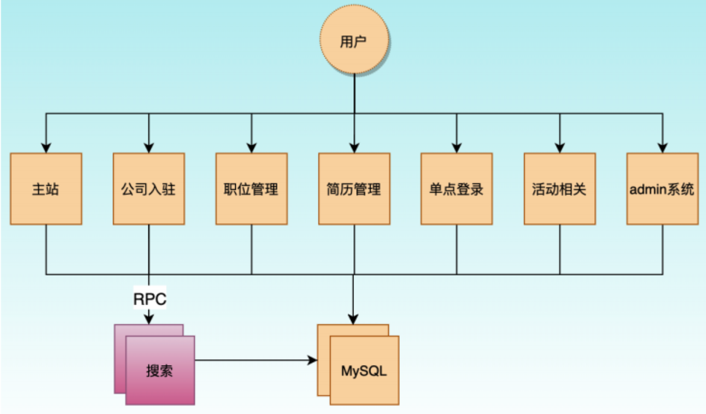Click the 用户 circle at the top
(355, 42)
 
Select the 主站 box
(46, 189)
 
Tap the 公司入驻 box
(149, 189)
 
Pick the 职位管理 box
(251, 189)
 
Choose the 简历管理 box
(355, 189)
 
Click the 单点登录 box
(457, 189)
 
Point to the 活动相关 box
(560, 189)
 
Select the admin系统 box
(662, 189)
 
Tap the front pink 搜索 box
(160, 371)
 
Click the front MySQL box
(365, 371)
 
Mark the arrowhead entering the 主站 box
(46, 148)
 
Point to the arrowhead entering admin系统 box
(662, 148)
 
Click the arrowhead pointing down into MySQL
(354, 319)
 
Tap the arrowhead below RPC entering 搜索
(149, 319)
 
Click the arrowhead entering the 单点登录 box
(457, 148)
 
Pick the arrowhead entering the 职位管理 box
(251, 148)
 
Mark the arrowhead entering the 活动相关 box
(560, 148)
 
